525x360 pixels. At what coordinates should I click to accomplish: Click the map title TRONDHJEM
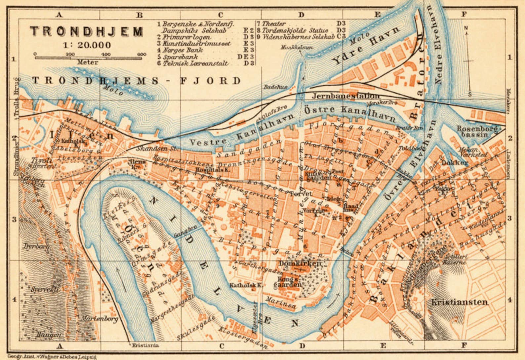click(x=87, y=31)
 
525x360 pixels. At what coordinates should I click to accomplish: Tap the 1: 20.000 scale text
click(x=87, y=45)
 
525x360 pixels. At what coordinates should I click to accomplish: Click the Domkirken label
click(x=300, y=264)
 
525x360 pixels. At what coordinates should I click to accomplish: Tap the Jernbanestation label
click(x=346, y=96)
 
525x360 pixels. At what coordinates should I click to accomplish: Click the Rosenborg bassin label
click(x=477, y=131)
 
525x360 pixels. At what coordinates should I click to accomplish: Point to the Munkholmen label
click(x=297, y=48)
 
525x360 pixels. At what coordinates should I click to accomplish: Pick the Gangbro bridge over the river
click(x=188, y=232)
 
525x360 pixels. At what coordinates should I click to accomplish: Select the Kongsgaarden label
click(x=290, y=282)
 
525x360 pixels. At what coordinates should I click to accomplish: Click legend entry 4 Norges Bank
click(x=180, y=50)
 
